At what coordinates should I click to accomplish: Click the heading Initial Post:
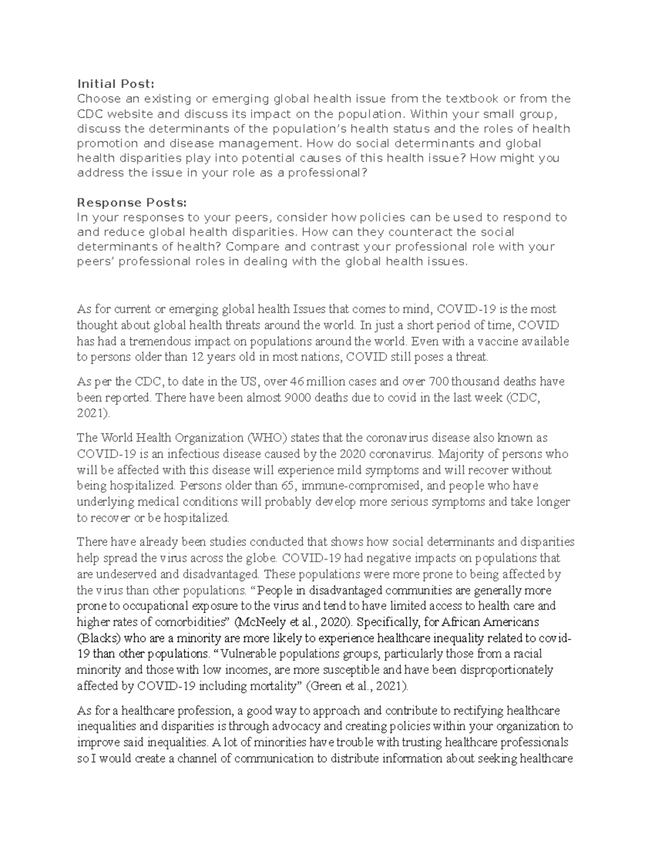pos(116,84)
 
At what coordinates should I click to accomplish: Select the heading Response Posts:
pos(132,203)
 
